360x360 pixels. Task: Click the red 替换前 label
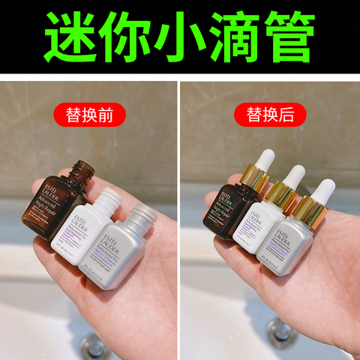[88, 115]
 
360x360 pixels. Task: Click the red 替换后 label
[268, 115]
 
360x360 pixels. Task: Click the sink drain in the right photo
[280, 331]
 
